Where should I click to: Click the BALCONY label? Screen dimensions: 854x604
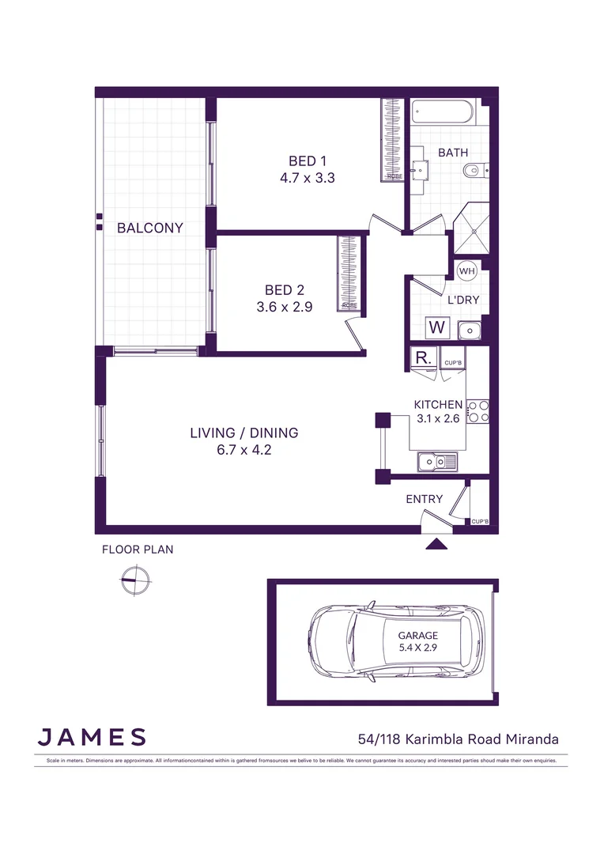(150, 228)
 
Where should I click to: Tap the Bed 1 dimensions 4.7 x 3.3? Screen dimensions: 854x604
(308, 178)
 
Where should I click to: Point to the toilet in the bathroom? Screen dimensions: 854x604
(477, 168)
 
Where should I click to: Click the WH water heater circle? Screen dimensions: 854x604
(467, 271)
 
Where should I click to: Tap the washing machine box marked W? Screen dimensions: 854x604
(436, 327)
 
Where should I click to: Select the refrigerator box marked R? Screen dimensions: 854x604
(422, 357)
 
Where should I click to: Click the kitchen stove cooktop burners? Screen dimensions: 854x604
(478, 409)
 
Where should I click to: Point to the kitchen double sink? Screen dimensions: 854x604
(436, 460)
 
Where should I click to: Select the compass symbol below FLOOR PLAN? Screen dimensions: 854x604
(135, 580)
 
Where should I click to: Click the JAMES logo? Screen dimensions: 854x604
(92, 737)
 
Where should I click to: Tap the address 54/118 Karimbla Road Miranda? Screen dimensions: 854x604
(459, 739)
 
